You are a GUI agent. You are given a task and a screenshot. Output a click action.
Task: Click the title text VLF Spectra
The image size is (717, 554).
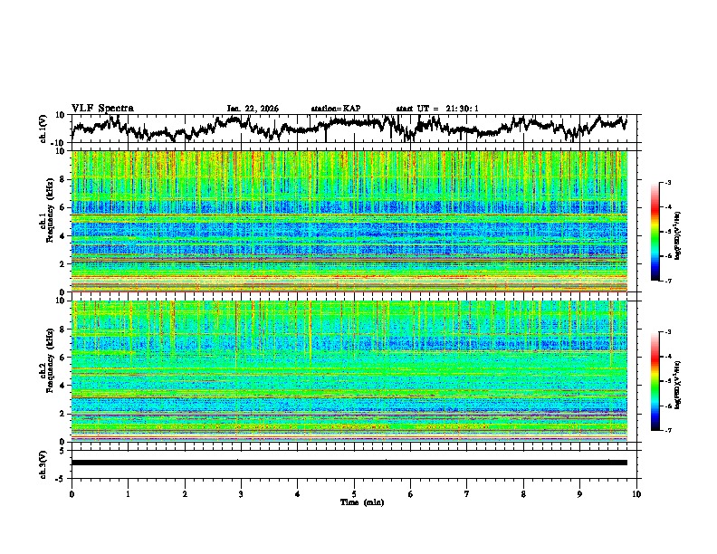pyautogui.click(x=102, y=108)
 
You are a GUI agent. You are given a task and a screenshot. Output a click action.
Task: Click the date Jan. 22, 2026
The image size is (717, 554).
pyautogui.click(x=253, y=109)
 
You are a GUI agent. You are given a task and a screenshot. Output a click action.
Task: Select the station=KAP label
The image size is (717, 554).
pyautogui.click(x=335, y=109)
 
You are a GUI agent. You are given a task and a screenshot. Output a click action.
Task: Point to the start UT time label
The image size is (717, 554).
pyautogui.click(x=437, y=109)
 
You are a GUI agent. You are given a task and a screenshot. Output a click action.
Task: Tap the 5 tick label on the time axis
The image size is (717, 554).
pyautogui.click(x=354, y=493)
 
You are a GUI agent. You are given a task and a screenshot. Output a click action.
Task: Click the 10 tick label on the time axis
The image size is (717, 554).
pyautogui.click(x=636, y=493)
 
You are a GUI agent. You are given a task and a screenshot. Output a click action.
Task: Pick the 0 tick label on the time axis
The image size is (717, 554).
pyautogui.click(x=72, y=493)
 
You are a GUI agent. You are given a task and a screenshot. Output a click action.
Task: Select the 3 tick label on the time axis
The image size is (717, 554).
pyautogui.click(x=241, y=493)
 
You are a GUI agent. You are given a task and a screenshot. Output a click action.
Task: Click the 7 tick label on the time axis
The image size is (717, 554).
pyautogui.click(x=467, y=493)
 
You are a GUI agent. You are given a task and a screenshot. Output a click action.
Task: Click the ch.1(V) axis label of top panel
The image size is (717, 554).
pyautogui.click(x=44, y=129)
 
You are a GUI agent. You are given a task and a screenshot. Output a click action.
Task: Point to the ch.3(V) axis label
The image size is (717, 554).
pyautogui.click(x=44, y=463)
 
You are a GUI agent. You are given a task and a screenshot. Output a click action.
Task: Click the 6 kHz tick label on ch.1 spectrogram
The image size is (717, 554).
pyautogui.click(x=63, y=207)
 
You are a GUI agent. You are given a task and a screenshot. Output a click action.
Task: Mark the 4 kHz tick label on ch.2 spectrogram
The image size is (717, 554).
pyautogui.click(x=63, y=386)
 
